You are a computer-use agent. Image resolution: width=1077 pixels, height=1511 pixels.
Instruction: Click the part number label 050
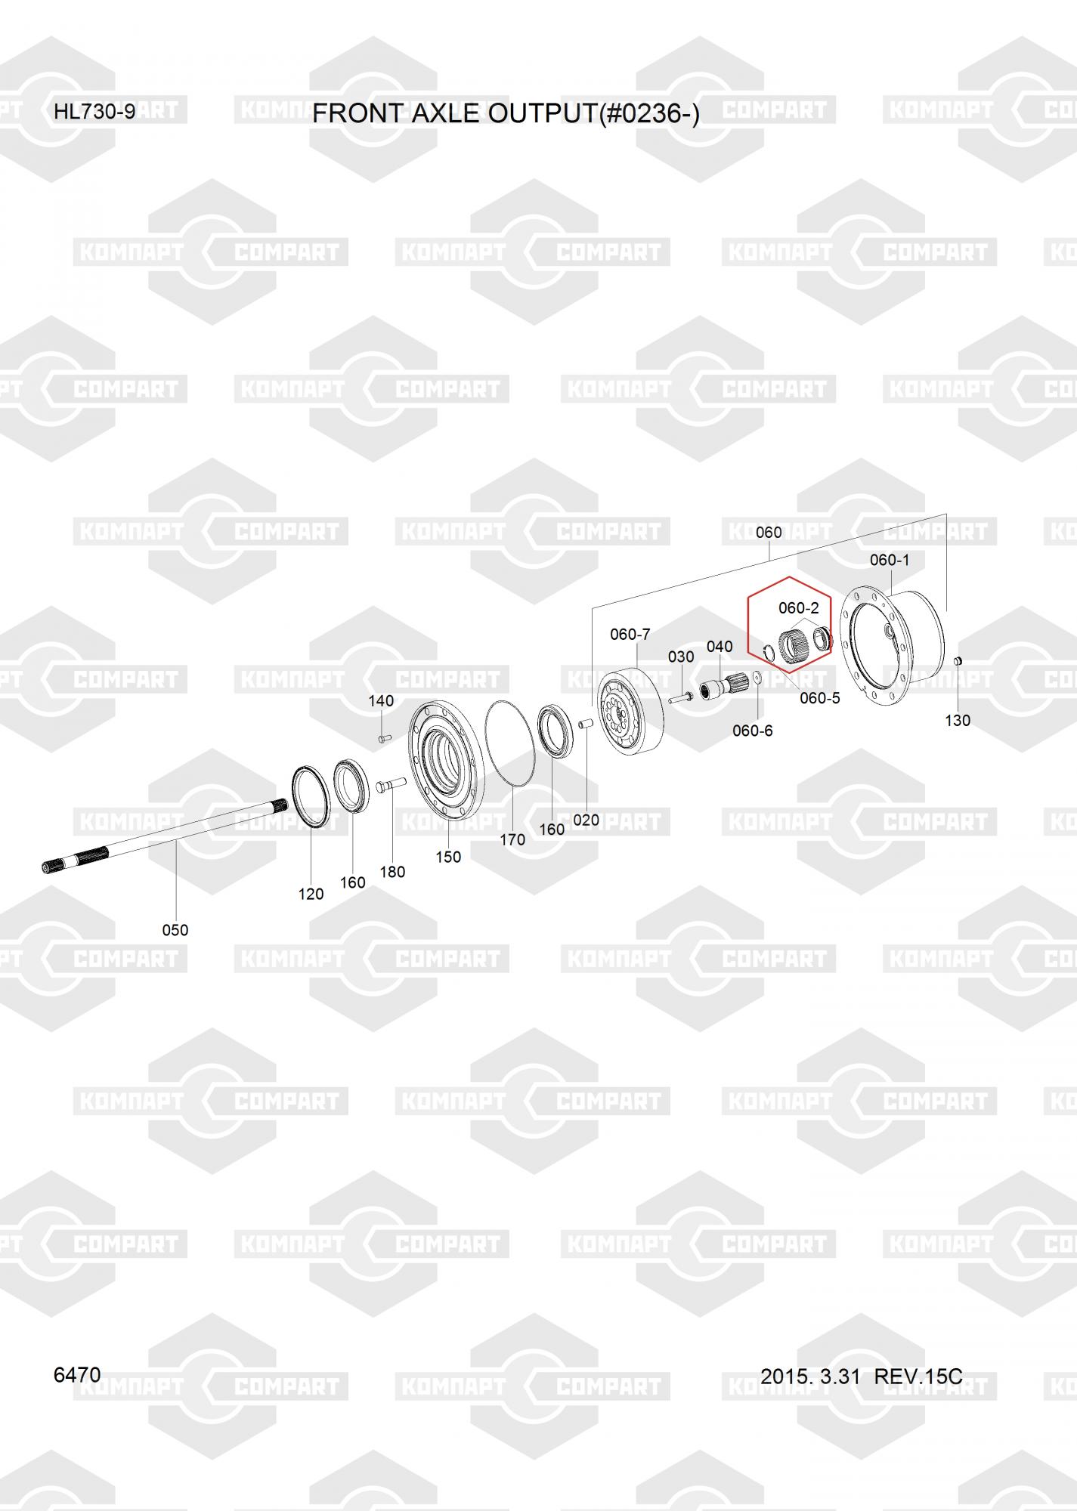point(175,930)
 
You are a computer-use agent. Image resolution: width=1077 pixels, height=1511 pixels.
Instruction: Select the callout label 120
point(311,894)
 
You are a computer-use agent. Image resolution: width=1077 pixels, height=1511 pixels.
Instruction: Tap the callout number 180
point(392,872)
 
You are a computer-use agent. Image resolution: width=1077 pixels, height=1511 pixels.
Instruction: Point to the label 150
point(448,857)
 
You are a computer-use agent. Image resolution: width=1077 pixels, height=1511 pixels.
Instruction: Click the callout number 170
point(512,839)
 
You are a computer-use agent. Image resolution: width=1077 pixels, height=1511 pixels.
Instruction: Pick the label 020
point(586,820)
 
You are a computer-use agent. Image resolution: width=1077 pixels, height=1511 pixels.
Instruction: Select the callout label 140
point(381,700)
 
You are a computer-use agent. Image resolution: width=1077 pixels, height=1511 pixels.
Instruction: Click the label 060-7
point(630,635)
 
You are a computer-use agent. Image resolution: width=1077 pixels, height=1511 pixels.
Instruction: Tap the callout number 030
point(681,657)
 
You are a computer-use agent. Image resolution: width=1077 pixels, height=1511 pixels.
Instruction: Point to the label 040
point(720,646)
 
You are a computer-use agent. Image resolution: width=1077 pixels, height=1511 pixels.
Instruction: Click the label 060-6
point(753,731)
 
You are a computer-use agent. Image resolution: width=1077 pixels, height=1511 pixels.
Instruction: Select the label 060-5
point(820,698)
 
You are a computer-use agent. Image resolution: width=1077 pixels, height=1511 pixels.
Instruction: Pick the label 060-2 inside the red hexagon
point(799,608)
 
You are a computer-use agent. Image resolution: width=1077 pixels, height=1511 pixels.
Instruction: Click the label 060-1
point(890,560)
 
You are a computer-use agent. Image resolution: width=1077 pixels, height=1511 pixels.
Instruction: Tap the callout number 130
point(958,720)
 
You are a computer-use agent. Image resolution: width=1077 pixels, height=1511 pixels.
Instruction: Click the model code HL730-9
point(94,112)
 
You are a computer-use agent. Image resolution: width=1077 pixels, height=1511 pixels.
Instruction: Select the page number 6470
point(77,1374)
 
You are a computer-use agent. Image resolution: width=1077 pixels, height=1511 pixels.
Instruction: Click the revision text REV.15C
point(918,1377)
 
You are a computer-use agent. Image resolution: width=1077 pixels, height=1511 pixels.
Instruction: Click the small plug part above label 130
point(956,662)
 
